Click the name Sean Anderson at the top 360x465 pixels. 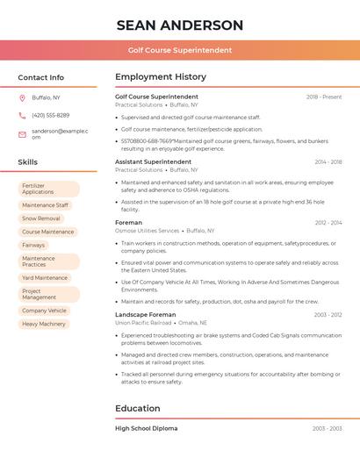pyautogui.click(x=180, y=25)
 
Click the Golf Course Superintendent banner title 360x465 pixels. pyautogui.click(x=180, y=50)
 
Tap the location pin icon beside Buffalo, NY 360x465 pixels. pyautogui.click(x=22, y=97)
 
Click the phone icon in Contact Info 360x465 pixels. pyautogui.click(x=22, y=115)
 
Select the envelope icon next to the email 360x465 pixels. pyautogui.click(x=22, y=133)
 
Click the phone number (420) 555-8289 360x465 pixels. pyautogui.click(x=50, y=115)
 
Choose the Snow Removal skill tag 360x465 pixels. pyautogui.click(x=41, y=218)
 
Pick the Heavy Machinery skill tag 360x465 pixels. pyautogui.click(x=44, y=324)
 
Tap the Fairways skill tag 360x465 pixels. pyautogui.click(x=33, y=245)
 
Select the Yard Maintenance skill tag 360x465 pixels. pyautogui.click(x=45, y=277)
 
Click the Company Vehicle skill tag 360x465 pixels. pyautogui.click(x=44, y=310)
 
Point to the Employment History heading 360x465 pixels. pyautogui.click(x=161, y=77)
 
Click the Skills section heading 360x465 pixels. pyautogui.click(x=28, y=162)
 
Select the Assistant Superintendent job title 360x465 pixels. pyautogui.click(x=153, y=161)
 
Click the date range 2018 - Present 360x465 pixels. pyautogui.click(x=324, y=97)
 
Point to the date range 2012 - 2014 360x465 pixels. pyautogui.click(x=328, y=223)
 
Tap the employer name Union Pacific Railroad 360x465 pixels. pyautogui.click(x=143, y=322)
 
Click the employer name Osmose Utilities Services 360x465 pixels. pyautogui.click(x=147, y=231)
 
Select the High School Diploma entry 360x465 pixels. pyautogui.click(x=146, y=428)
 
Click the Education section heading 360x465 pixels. pyautogui.click(x=138, y=408)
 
